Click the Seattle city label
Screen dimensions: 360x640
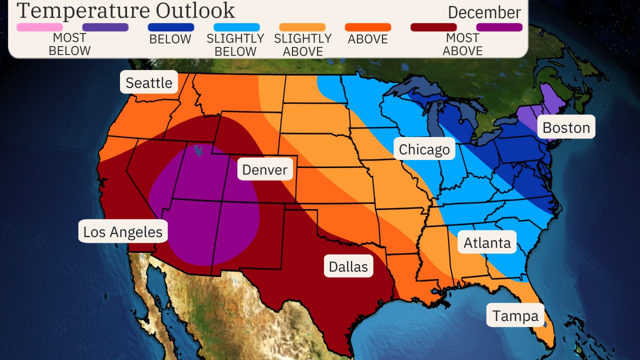click(149, 82)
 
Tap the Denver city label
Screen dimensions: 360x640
click(264, 169)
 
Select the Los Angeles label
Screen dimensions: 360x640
click(122, 231)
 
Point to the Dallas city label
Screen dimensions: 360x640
click(348, 266)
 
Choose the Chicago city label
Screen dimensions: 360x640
click(424, 148)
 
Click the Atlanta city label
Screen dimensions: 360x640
click(487, 242)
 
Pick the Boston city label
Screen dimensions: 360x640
click(566, 127)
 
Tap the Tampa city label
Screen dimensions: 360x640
click(515, 315)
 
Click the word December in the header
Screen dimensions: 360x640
click(484, 12)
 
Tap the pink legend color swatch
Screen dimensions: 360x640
click(39, 27)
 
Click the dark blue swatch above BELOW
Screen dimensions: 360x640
click(171, 27)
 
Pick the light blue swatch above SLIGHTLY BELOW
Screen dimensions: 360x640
click(236, 27)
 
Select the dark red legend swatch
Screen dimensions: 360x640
click(433, 27)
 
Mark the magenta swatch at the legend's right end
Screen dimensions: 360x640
click(499, 27)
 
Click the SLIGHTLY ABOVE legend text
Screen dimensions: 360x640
click(302, 44)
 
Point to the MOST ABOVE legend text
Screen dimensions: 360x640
click(462, 44)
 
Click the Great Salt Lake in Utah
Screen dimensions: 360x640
click(199, 150)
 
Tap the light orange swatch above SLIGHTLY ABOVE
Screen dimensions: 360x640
click(302, 27)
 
